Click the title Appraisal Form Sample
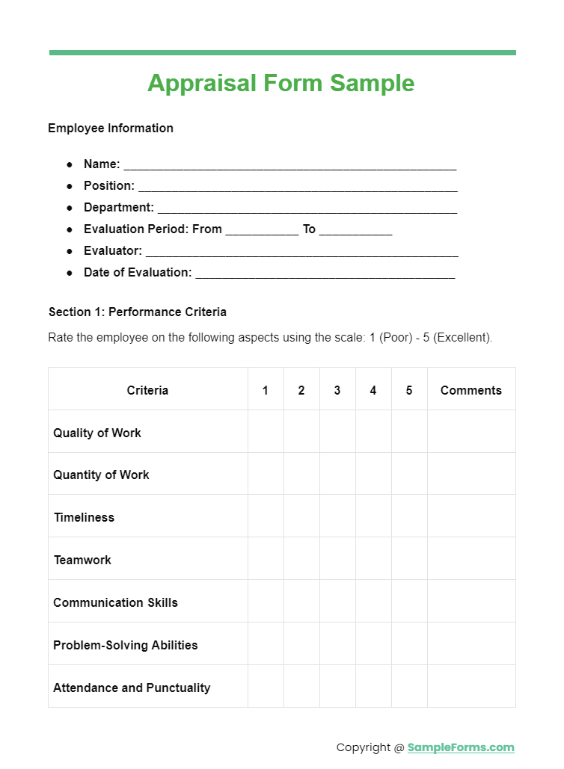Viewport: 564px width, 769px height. [281, 83]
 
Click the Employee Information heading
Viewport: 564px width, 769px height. [111, 128]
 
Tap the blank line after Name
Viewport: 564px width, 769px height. [289, 165]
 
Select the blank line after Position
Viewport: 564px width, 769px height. [297, 187]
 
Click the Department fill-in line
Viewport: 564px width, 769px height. [307, 209]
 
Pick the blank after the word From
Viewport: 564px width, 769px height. [262, 230]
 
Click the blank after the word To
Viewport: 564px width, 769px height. [355, 230]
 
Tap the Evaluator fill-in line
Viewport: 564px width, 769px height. [301, 252]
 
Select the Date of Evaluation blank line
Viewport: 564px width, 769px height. [325, 274]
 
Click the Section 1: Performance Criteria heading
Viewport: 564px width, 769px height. [138, 312]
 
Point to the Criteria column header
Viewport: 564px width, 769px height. [147, 390]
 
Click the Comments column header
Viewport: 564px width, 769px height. [471, 390]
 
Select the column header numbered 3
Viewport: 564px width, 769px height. [337, 390]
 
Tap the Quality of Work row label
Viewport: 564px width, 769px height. [97, 433]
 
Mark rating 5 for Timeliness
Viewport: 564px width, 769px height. [409, 516]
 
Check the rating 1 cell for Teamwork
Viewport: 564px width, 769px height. [266, 559]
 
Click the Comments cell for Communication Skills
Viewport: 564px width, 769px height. [471, 602]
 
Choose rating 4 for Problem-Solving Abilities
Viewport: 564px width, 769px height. [373, 644]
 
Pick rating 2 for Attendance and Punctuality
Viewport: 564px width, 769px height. [301, 687]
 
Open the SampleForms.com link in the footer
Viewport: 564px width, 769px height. [461, 747]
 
